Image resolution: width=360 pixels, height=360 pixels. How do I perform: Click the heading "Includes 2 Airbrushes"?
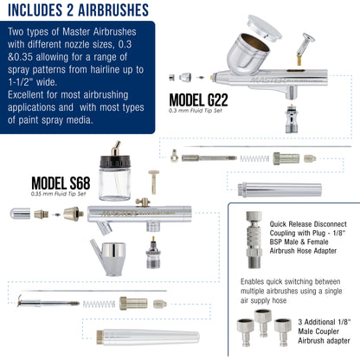click(78, 10)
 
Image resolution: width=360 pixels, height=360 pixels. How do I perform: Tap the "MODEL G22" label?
click(198, 100)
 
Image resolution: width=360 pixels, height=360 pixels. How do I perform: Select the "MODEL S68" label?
click(61, 183)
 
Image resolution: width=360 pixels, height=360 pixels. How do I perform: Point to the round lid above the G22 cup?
click(265, 27)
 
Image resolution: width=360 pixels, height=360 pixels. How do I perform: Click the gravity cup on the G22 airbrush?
click(248, 51)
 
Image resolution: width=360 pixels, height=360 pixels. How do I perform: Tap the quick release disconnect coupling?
click(254, 240)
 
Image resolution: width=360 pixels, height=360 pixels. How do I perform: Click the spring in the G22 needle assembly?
click(254, 158)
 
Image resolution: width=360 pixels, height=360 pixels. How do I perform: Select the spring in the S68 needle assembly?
click(99, 304)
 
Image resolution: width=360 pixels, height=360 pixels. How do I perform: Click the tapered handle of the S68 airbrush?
click(148, 337)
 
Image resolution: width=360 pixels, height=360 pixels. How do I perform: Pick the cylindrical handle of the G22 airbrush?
click(280, 190)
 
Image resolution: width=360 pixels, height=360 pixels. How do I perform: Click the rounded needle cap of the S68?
click(20, 214)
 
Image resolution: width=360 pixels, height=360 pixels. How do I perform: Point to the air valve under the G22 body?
click(292, 119)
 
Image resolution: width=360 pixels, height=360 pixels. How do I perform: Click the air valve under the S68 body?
click(153, 253)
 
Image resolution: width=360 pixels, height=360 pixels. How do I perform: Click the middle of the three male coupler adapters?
click(262, 323)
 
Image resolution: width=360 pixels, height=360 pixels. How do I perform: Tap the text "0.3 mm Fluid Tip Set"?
click(196, 111)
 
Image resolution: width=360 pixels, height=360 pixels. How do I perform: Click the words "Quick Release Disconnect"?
click(308, 224)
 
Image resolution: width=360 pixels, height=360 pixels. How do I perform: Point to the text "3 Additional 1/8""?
click(325, 322)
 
